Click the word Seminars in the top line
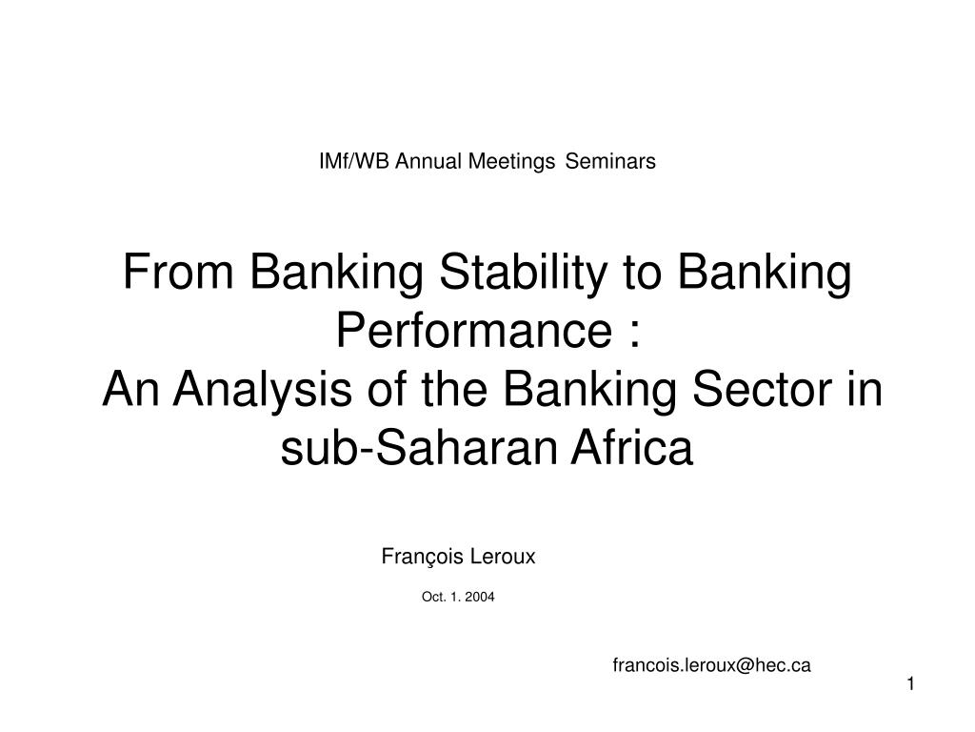(x=610, y=161)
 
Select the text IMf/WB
(x=354, y=161)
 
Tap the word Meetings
(x=511, y=162)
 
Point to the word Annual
(x=428, y=161)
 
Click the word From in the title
(x=178, y=272)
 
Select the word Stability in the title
(x=523, y=274)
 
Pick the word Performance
(x=474, y=330)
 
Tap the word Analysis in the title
(x=263, y=390)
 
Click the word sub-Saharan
(x=419, y=448)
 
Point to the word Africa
(x=632, y=448)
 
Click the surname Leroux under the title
(x=503, y=557)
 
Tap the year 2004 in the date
(x=480, y=597)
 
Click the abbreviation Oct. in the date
(x=433, y=597)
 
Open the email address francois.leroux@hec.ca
(x=712, y=665)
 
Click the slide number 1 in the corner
(x=911, y=684)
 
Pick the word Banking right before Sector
(x=589, y=390)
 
